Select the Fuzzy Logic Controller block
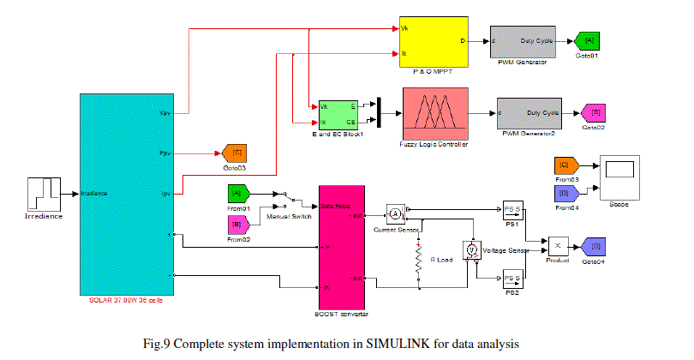click(x=433, y=114)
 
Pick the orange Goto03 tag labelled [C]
click(x=233, y=153)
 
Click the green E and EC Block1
click(x=338, y=114)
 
